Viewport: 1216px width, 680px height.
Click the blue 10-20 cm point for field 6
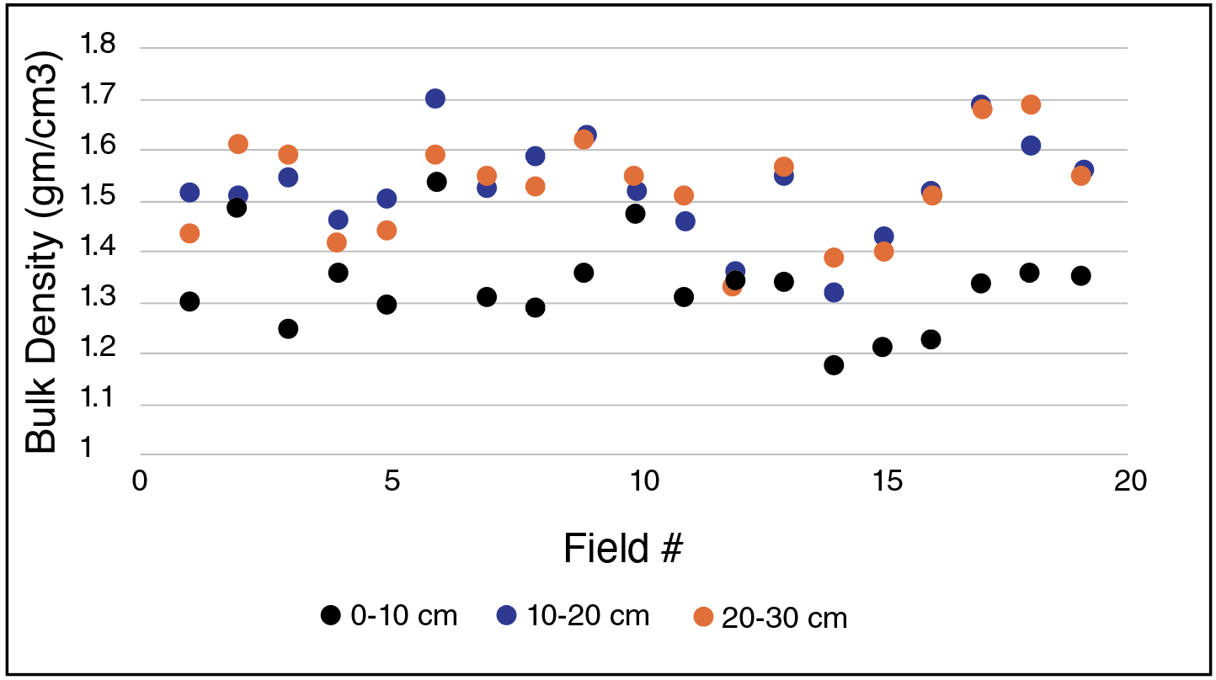point(435,98)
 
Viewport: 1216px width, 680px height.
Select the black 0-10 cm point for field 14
point(834,364)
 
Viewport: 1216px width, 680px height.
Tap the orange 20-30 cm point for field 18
point(1031,104)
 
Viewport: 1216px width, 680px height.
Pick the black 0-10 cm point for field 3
point(288,328)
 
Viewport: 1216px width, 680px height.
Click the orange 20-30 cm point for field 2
point(238,144)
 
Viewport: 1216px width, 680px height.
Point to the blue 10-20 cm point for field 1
point(189,193)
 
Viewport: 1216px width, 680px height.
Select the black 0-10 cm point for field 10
point(635,214)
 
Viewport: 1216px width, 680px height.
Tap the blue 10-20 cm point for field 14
point(834,292)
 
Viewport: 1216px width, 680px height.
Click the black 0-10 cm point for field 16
point(931,339)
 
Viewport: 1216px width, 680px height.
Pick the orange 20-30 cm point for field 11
point(684,195)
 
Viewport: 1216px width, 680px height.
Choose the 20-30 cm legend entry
point(770,618)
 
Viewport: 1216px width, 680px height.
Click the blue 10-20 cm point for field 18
point(1031,146)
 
